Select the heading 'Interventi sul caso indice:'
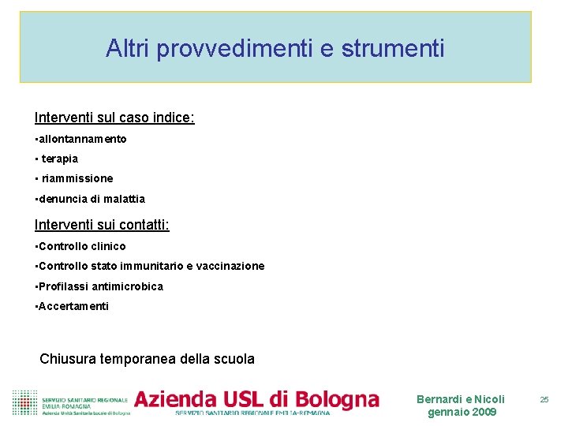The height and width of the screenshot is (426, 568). [114, 118]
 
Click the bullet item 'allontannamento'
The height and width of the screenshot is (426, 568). [82, 139]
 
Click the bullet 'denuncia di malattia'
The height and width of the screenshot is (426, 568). [92, 199]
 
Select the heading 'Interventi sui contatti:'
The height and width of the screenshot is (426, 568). [102, 226]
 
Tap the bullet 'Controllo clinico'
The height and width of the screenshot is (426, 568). [82, 246]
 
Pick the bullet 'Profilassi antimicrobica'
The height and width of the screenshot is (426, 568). [101, 286]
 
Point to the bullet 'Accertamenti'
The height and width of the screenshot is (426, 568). [73, 306]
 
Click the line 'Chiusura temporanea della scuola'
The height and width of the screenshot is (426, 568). [148, 359]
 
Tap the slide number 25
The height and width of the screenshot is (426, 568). [544, 400]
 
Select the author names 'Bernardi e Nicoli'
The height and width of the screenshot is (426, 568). [461, 399]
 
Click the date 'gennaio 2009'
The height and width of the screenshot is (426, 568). [461, 413]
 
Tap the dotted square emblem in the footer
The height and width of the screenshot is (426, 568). [24, 402]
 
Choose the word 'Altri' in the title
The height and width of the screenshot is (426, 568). [129, 49]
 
